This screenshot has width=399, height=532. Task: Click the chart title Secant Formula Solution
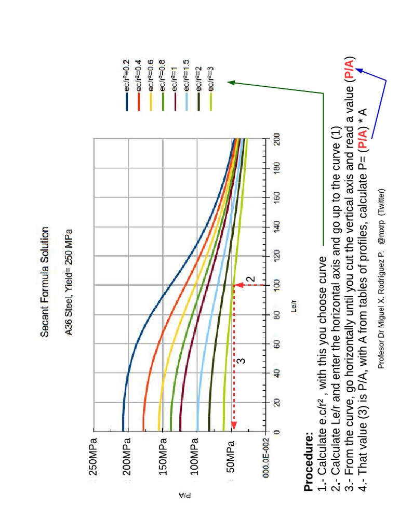point(45,282)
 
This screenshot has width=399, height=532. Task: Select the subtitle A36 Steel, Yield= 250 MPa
point(68,282)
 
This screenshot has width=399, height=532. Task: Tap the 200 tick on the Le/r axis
point(275,139)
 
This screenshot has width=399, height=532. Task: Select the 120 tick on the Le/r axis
point(275,256)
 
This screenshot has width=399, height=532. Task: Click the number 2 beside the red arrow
point(251,279)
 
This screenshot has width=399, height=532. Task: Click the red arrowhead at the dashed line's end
point(233,426)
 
